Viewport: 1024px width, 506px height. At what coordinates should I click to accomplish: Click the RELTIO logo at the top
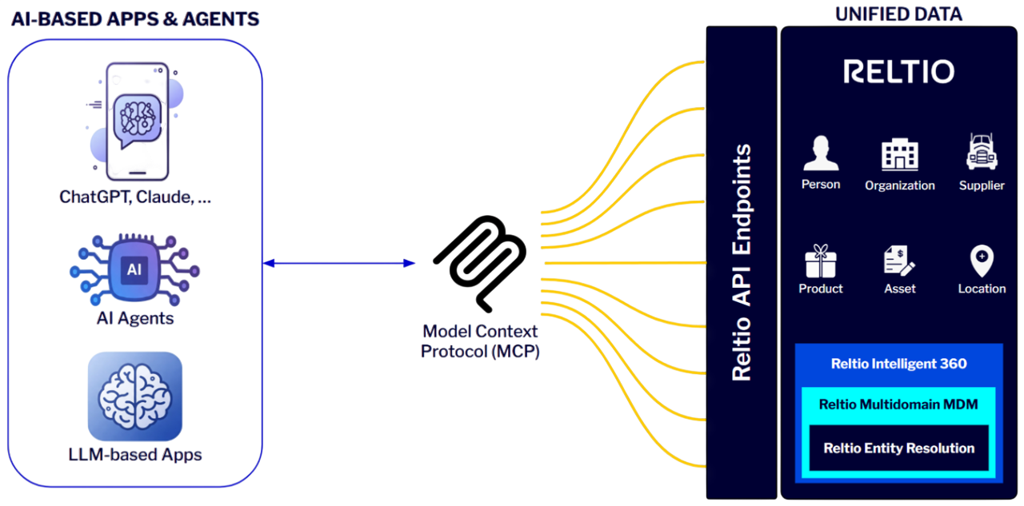point(898,72)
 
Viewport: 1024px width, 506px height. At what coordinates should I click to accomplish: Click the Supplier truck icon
point(981,152)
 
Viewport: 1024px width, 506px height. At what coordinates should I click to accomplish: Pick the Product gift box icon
point(820,261)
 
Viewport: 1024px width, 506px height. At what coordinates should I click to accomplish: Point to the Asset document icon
point(899,261)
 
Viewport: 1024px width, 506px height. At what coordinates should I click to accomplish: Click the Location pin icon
point(982,261)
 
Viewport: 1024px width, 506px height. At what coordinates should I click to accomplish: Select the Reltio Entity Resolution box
point(898,448)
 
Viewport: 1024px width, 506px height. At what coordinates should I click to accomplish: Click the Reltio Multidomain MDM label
point(898,404)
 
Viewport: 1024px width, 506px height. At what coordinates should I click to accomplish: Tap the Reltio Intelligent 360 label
point(898,364)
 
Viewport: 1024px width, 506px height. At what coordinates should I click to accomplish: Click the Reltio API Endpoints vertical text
point(742,262)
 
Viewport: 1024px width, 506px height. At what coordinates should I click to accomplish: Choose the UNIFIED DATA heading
point(898,14)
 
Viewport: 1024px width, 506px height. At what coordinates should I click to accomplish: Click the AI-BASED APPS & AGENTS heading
point(135,19)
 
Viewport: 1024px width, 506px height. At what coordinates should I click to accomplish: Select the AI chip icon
point(134,269)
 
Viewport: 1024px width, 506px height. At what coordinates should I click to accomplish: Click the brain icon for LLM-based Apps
point(134,396)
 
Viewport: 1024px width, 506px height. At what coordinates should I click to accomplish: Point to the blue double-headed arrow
point(339,263)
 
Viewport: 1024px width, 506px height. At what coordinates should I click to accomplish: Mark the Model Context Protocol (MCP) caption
point(480,341)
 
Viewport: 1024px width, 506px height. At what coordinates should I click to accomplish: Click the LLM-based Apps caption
point(135,455)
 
